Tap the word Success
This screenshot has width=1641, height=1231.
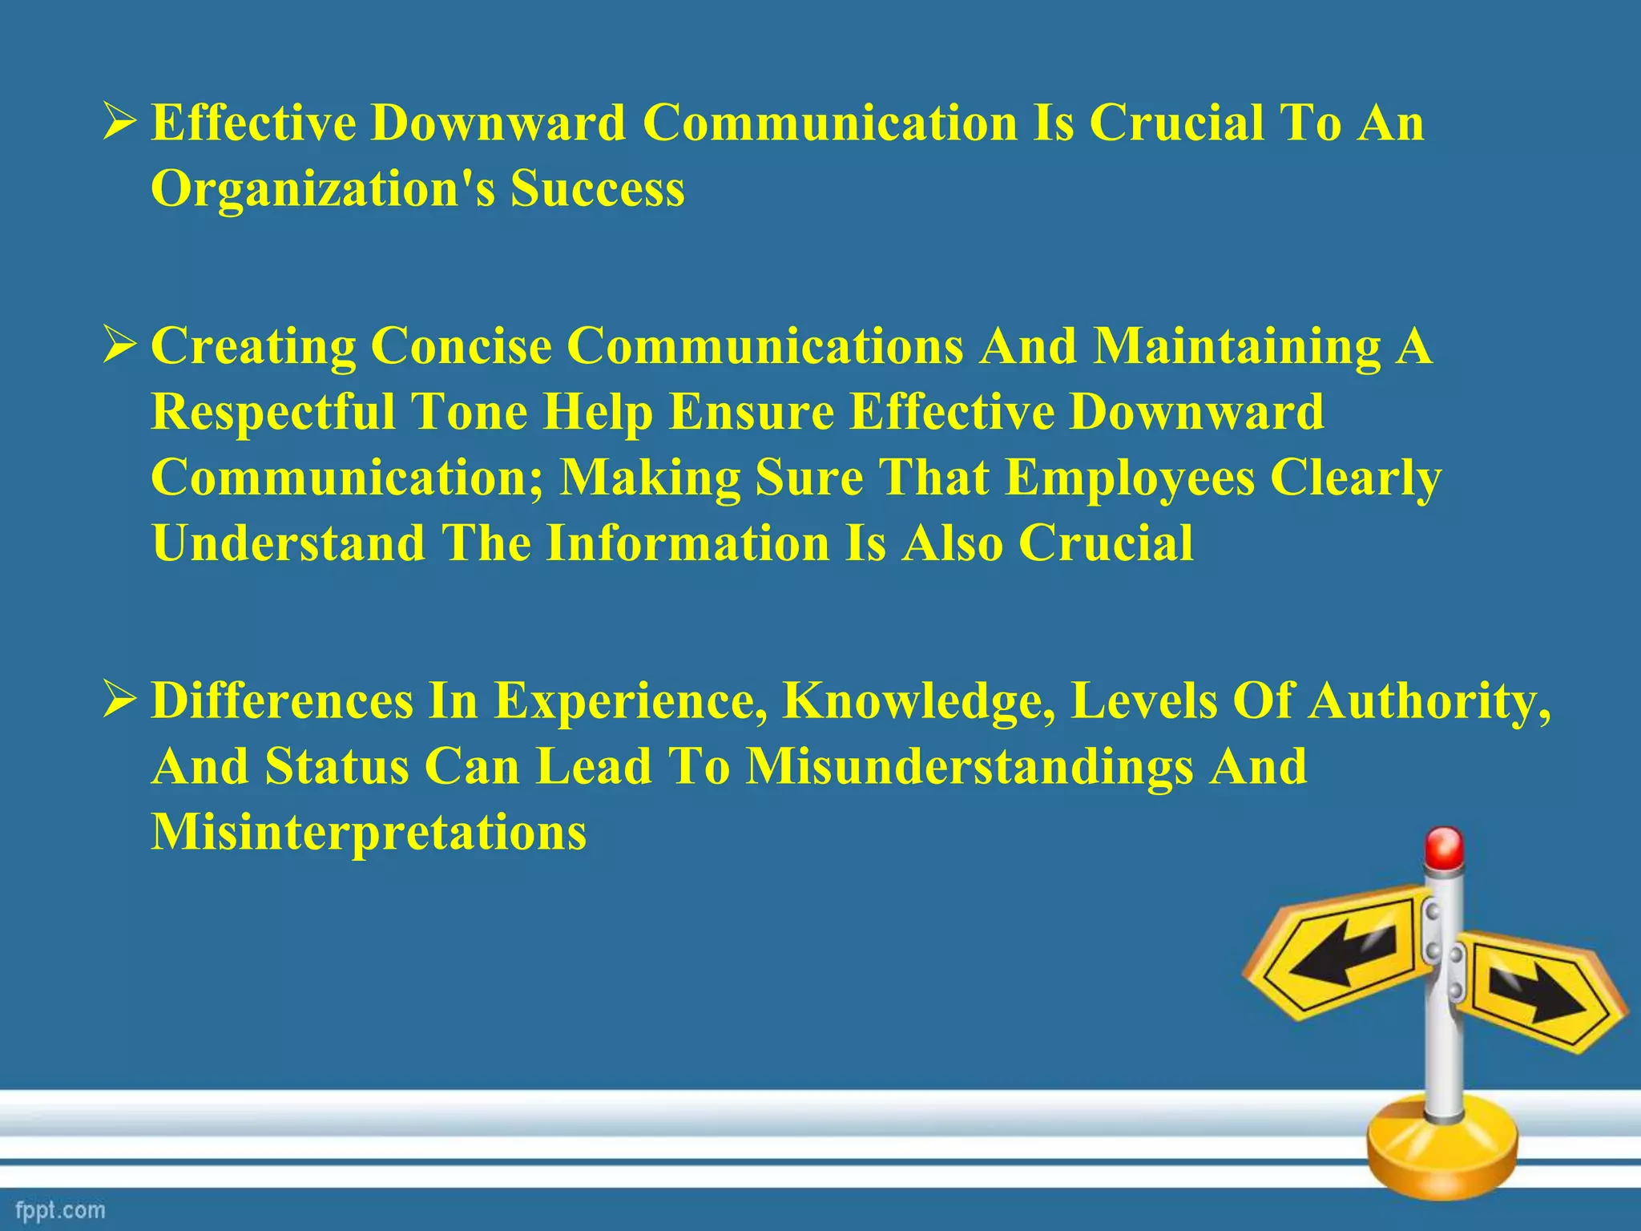click(x=598, y=190)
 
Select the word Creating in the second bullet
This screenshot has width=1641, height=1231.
click(x=253, y=347)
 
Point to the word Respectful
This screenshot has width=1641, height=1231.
click(x=273, y=413)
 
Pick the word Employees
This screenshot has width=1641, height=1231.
click(x=1130, y=478)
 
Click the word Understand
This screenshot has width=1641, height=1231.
click(x=288, y=544)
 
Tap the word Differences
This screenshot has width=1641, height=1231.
click(x=282, y=701)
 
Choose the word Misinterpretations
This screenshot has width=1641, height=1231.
click(x=369, y=833)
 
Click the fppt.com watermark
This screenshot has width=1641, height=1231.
click(x=60, y=1209)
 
